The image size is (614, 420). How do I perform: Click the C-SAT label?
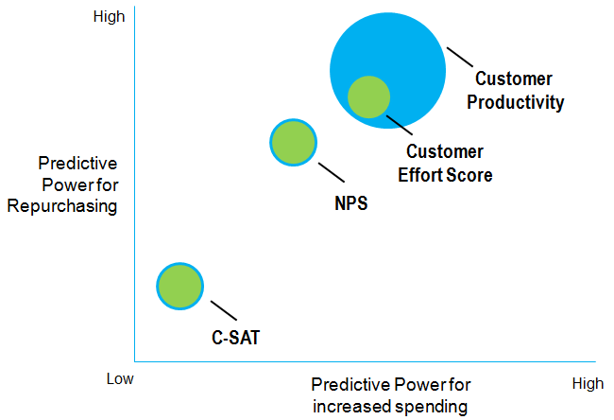pos(235,338)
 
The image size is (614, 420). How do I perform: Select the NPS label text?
pos(351,203)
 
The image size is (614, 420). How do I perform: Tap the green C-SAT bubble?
pos(180,287)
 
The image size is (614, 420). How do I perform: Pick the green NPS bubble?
pos(293,142)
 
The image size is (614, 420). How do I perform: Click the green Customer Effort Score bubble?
pos(368,96)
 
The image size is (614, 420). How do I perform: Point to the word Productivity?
pos(516,103)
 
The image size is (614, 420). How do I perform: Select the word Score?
pos(469,175)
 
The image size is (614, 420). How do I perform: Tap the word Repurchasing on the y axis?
pos(62,206)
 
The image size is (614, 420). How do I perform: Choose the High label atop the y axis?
pos(109,16)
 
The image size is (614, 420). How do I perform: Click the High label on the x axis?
pos(588,383)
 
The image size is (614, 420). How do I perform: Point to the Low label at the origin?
pos(120,378)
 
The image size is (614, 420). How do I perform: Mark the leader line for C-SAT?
pos(224,310)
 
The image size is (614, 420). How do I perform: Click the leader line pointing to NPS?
pos(332,172)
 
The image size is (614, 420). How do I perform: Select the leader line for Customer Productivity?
pos(460,58)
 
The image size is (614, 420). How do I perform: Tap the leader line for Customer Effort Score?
pos(400,125)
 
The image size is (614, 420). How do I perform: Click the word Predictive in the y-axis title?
pos(77,164)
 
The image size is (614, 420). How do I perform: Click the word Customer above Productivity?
pos(513,79)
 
